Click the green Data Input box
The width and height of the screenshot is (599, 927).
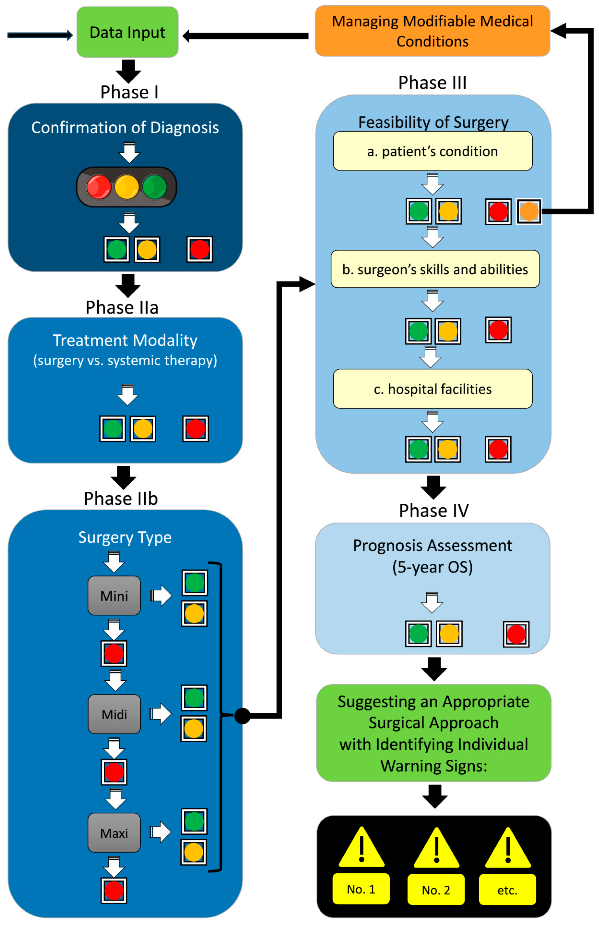tap(128, 32)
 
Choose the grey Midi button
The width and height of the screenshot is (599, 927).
tap(114, 714)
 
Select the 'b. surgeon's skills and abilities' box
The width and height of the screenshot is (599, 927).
tap(435, 269)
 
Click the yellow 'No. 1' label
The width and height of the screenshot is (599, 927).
tap(361, 889)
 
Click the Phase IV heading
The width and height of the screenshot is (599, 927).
tap(434, 510)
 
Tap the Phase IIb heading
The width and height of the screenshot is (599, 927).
tap(121, 498)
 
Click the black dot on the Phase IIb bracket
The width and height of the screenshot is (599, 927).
tap(242, 716)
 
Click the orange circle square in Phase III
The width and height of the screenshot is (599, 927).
tap(529, 212)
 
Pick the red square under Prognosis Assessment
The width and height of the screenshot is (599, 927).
tap(516, 634)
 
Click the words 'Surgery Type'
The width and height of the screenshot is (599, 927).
tap(125, 537)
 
